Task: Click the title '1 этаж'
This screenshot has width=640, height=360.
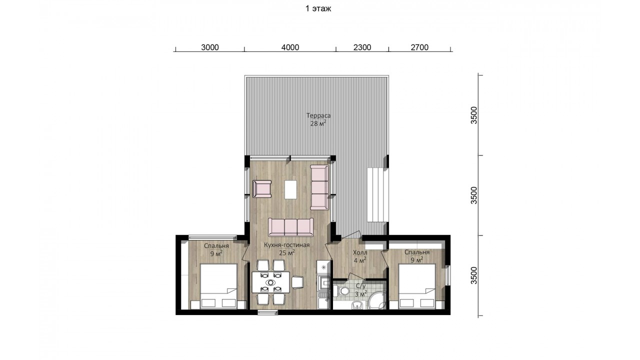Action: tap(318, 8)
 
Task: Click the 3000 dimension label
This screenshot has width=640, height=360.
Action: tap(209, 47)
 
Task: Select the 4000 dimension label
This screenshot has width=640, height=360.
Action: tap(290, 47)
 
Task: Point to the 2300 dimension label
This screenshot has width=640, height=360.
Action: tap(362, 47)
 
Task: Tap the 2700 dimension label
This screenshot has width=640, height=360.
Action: tap(419, 47)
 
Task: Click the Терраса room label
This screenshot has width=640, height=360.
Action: tap(318, 115)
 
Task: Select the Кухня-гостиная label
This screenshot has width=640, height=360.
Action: tap(286, 245)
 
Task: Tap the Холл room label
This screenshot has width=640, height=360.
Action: tap(360, 253)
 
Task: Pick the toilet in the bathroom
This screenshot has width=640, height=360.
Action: tap(342, 291)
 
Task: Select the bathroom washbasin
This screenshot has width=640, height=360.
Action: tap(357, 305)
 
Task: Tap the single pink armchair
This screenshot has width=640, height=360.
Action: tap(262, 188)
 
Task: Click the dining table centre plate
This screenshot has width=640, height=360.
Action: tap(270, 282)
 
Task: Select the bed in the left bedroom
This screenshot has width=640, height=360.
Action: tap(218, 286)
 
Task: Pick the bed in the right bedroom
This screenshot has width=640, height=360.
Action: tap(417, 286)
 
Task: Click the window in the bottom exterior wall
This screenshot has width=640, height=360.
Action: tap(267, 312)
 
